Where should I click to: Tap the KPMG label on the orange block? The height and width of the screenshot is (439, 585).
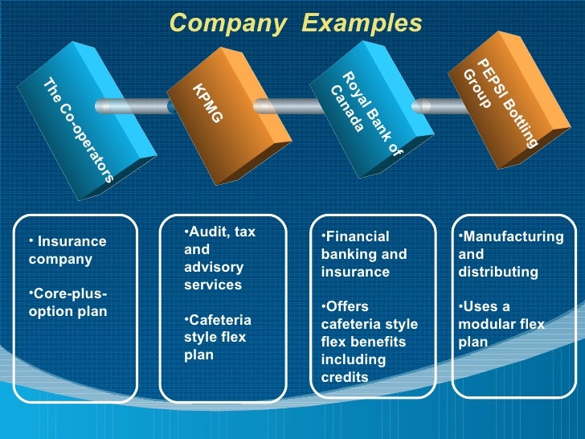click(x=207, y=104)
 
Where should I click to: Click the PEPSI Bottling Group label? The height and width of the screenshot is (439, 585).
click(x=499, y=101)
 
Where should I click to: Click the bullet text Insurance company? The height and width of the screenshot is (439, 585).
click(x=67, y=250)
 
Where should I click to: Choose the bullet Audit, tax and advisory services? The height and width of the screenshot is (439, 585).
click(x=219, y=257)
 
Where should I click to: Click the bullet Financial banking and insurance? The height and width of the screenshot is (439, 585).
click(x=363, y=254)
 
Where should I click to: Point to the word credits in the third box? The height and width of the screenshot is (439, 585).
click(x=345, y=377)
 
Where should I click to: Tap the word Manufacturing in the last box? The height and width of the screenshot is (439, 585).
click(x=513, y=236)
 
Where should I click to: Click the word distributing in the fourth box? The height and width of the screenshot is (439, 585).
click(x=497, y=272)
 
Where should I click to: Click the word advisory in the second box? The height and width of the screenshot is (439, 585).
click(x=213, y=266)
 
